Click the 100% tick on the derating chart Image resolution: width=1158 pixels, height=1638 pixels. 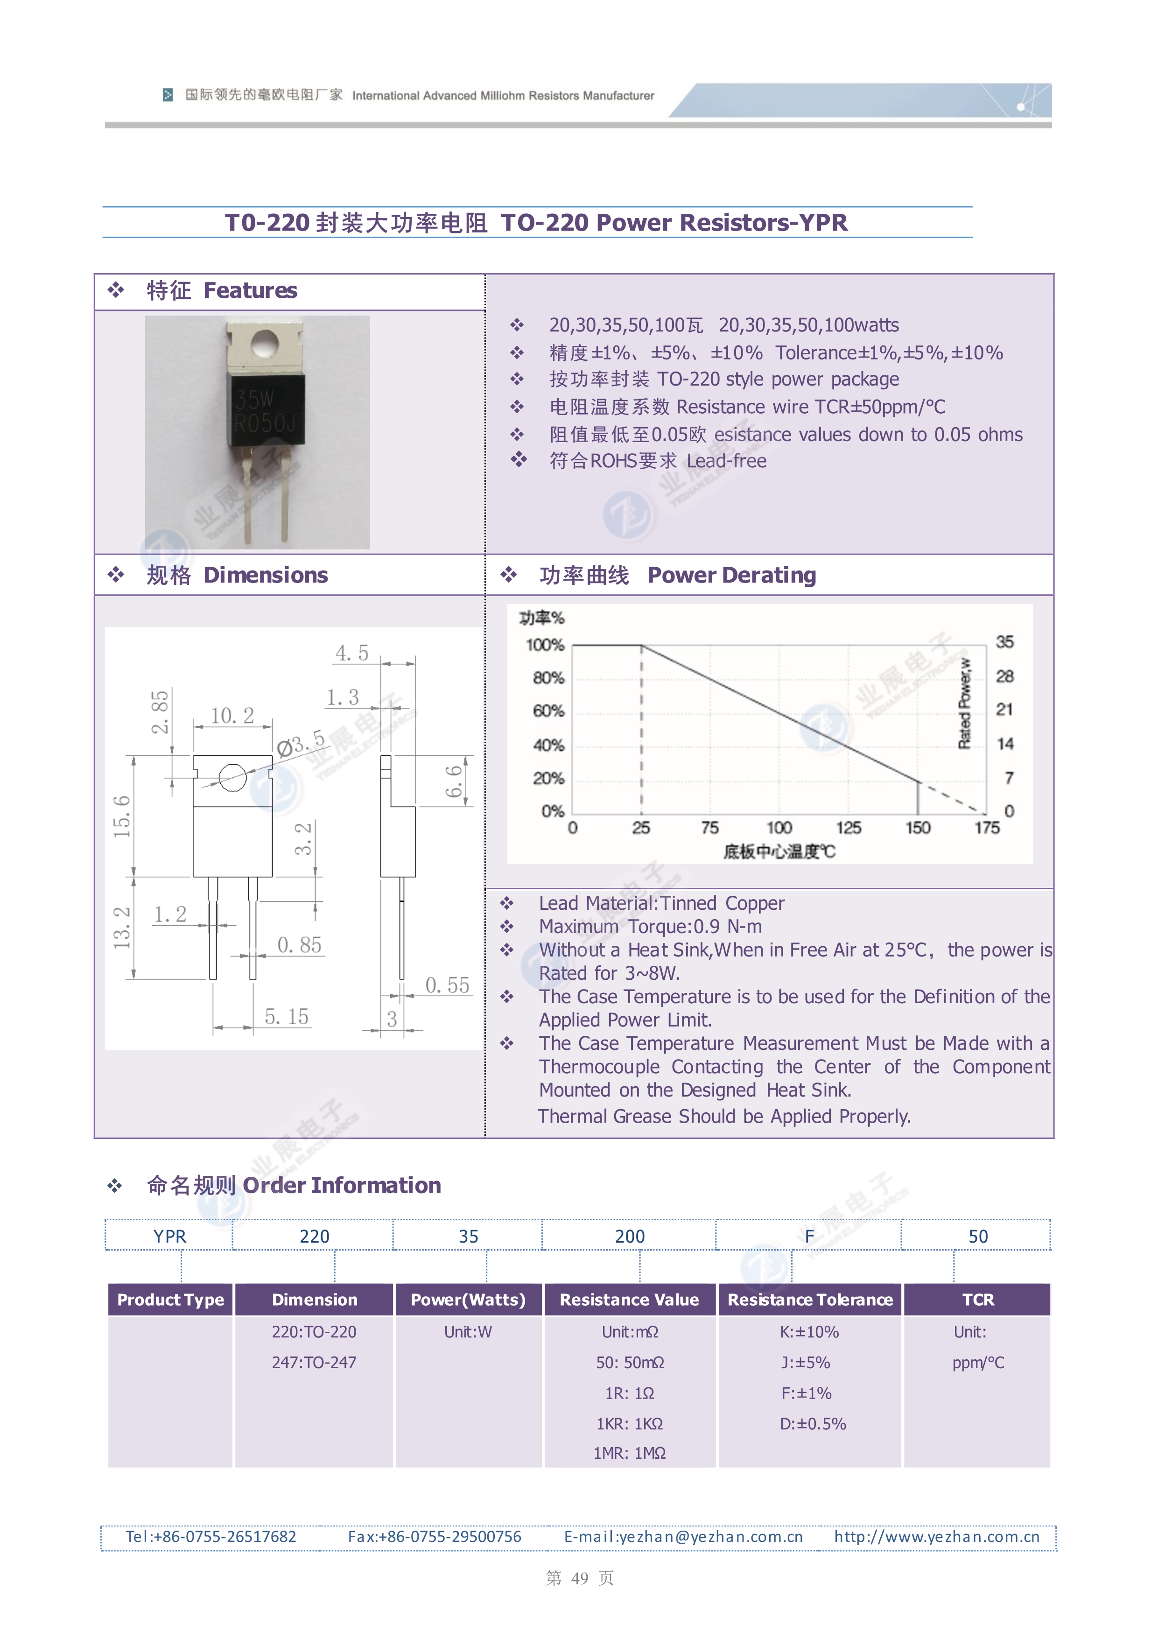545,645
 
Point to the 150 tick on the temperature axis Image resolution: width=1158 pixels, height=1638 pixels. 918,828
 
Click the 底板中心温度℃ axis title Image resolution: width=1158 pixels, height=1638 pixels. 779,851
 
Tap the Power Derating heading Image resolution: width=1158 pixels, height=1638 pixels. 731,575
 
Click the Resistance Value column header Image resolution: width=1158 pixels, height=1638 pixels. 629,1300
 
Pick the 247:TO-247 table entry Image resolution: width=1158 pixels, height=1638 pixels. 314,1363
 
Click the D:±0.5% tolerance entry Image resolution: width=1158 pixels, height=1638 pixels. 813,1424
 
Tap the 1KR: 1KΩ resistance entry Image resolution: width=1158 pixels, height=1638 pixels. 629,1424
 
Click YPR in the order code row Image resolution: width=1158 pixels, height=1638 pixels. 170,1237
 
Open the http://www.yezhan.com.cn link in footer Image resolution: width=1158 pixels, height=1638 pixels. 937,1537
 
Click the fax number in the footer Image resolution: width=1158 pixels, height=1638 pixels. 435,1537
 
